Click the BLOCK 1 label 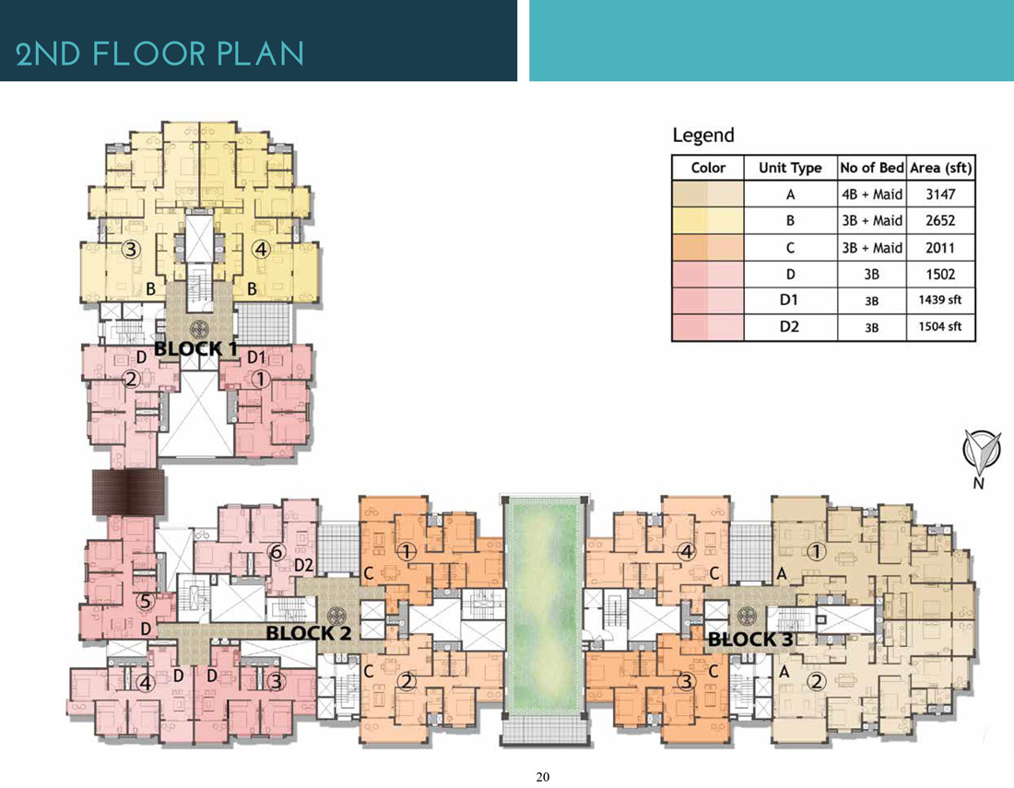pyautogui.click(x=195, y=349)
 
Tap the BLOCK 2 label pyautogui.click(x=309, y=633)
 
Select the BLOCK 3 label pyautogui.click(x=750, y=640)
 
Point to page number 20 pyautogui.click(x=543, y=777)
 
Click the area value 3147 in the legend pyautogui.click(x=940, y=194)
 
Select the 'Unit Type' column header pyautogui.click(x=790, y=168)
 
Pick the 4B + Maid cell pyautogui.click(x=872, y=194)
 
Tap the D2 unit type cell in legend pyautogui.click(x=789, y=326)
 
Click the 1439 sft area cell pyautogui.click(x=939, y=300)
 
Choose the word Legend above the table pyautogui.click(x=703, y=135)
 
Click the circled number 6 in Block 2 pyautogui.click(x=277, y=551)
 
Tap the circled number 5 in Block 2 pyautogui.click(x=146, y=601)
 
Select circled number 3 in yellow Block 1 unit pyautogui.click(x=131, y=249)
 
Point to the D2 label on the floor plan pyautogui.click(x=304, y=566)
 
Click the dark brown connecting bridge pyautogui.click(x=128, y=492)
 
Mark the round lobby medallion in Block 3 pyautogui.click(x=747, y=616)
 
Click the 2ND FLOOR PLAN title pyautogui.click(x=159, y=53)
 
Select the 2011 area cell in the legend pyautogui.click(x=940, y=248)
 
